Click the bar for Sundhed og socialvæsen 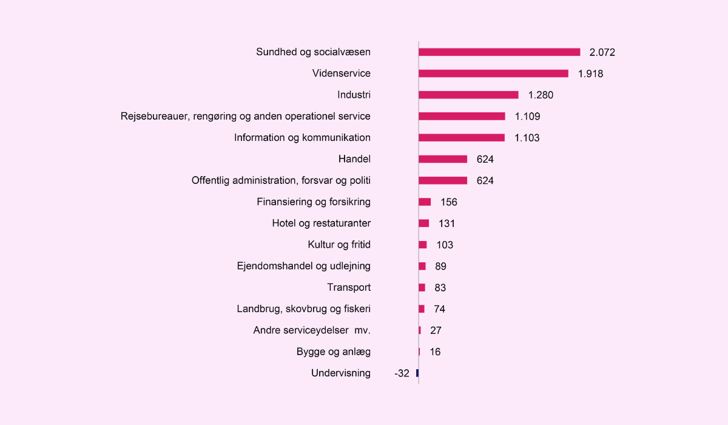(499, 52)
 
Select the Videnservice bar (493, 73)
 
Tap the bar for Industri (468, 95)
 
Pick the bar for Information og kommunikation (462, 138)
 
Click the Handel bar (443, 159)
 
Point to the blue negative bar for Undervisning (417, 373)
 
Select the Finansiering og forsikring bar (425, 202)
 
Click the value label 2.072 (602, 53)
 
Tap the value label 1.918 (590, 74)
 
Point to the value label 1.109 (527, 117)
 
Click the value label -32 (402, 373)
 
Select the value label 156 (448, 202)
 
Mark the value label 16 (434, 352)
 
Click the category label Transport (349, 287)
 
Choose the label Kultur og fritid (339, 245)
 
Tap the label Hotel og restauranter (321, 223)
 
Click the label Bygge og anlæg (334, 352)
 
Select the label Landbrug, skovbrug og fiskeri (303, 309)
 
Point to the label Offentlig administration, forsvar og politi (281, 180)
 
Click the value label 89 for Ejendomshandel (440, 267)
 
